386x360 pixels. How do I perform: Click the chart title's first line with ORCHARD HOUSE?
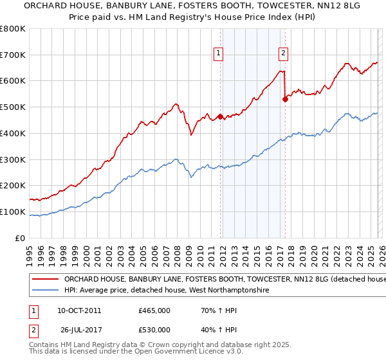tap(193, 6)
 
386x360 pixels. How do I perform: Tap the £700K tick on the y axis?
tap(13, 55)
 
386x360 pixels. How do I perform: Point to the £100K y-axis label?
tap(13, 212)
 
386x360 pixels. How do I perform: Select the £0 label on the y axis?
tap(21, 238)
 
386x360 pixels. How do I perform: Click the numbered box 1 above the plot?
tap(219, 53)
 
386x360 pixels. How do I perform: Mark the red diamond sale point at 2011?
tap(220, 116)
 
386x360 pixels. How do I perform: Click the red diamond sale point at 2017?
tap(285, 100)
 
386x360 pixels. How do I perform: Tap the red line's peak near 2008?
tap(174, 104)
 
